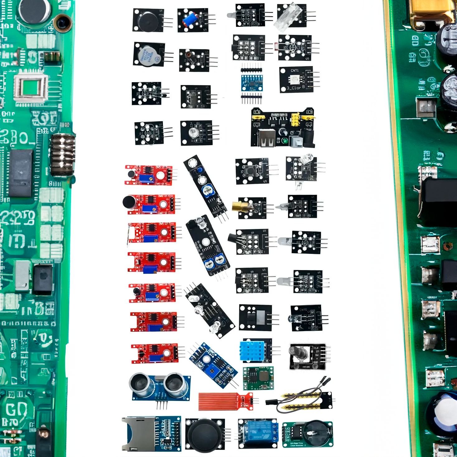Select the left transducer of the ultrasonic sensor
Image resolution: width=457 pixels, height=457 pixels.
pos(141,383)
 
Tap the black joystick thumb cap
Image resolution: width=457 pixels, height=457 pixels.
pos(204,435)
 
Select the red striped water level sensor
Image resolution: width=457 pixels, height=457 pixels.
pos(219,402)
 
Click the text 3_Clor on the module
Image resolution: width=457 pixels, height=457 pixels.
pos(294,88)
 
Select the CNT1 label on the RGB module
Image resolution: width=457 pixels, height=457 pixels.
pos(294,71)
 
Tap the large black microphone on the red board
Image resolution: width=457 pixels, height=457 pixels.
pos(128,202)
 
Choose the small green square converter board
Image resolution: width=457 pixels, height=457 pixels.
pos(258,378)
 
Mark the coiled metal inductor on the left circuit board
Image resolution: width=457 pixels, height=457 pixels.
pos(62,154)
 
